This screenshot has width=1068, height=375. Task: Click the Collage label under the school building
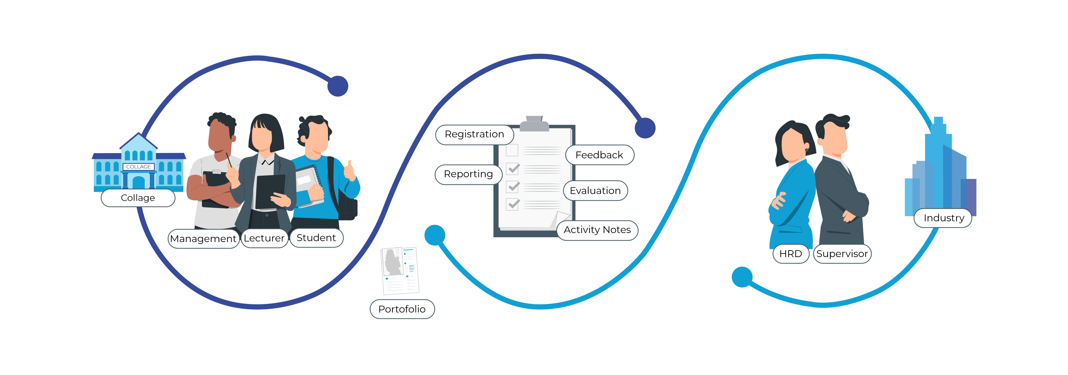point(138,198)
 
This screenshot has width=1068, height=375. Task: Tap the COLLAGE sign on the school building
point(138,167)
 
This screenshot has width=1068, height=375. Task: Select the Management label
point(203,238)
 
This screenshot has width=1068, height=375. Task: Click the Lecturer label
point(264,238)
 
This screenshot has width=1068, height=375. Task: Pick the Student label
point(316,238)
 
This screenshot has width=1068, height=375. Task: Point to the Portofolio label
point(402,309)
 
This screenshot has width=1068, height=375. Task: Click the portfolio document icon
point(400,270)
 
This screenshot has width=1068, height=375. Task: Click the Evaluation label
point(595,190)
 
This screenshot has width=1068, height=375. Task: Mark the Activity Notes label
point(597,230)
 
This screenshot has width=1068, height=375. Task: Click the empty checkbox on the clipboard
point(512,150)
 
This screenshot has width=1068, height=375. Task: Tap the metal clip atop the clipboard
point(534,123)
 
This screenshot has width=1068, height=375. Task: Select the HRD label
point(790,254)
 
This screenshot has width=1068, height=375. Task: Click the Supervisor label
point(842,254)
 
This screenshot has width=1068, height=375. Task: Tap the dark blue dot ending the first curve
point(337,86)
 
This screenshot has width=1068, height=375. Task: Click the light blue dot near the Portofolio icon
point(435,235)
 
